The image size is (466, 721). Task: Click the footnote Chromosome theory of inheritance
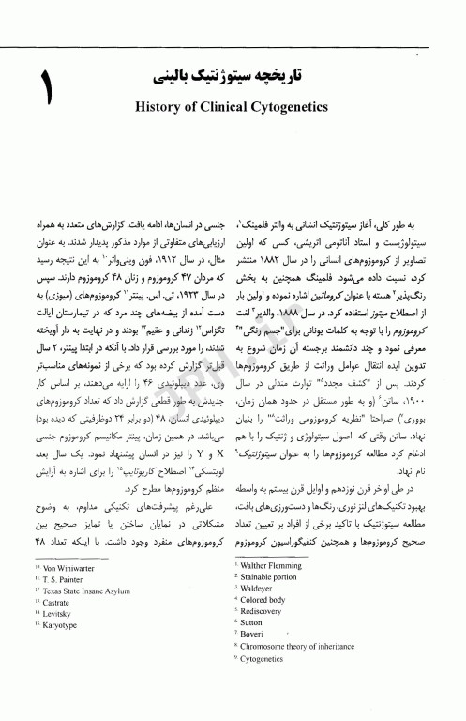(x=301, y=674)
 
